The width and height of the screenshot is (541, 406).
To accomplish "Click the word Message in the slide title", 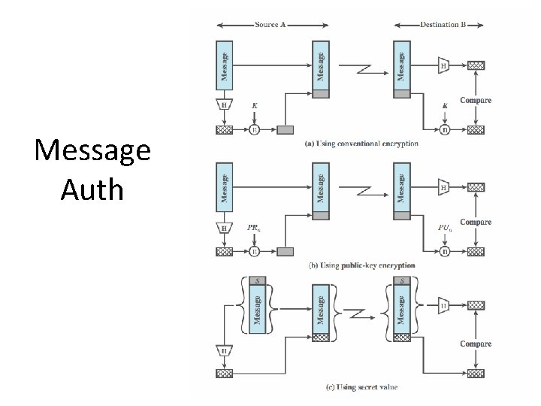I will [x=92, y=152].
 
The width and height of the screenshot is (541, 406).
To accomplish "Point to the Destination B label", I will [x=443, y=25].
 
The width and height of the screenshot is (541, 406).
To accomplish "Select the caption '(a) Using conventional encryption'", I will [x=362, y=144].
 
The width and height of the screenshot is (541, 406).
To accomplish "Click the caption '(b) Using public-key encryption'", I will [x=362, y=265].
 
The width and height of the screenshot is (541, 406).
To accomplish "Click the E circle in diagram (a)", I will [x=254, y=130].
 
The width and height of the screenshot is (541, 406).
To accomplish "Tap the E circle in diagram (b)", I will [x=254, y=252].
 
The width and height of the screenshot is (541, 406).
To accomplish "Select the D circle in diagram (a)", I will [x=445, y=130].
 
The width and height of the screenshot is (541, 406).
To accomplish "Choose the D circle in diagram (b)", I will [x=445, y=252].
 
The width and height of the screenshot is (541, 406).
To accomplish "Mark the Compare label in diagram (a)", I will [x=476, y=101].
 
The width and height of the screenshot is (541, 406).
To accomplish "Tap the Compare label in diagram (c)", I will [x=476, y=344].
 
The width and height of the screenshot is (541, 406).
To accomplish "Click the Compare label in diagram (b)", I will [x=476, y=223].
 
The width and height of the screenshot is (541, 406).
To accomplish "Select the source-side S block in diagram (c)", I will [x=257, y=280].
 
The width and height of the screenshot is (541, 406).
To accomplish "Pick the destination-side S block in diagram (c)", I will [x=402, y=280].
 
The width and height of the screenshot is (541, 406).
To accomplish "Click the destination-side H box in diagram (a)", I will [x=445, y=65].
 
